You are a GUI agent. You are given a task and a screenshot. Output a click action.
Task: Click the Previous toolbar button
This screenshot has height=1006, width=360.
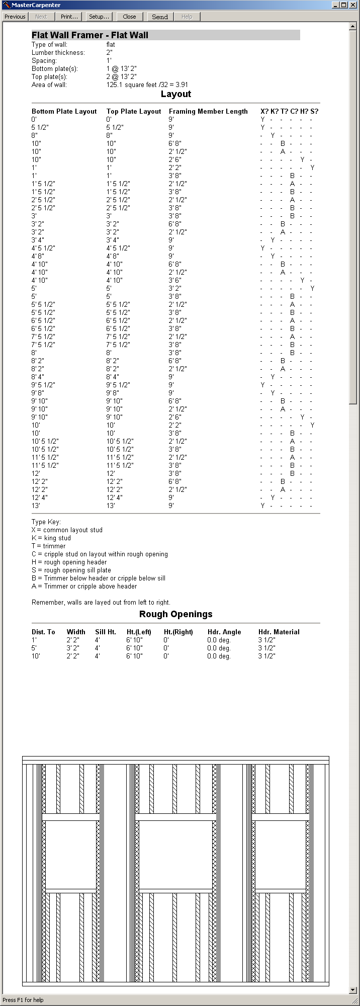(x=15, y=17)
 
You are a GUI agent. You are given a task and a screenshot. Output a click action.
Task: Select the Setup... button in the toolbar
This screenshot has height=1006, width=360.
(x=99, y=17)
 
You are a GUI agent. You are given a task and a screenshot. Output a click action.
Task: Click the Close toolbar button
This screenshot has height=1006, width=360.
(x=129, y=17)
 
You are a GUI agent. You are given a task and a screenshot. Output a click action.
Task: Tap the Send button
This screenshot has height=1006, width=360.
(x=160, y=17)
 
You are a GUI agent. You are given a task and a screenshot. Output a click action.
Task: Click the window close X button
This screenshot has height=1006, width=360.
(x=353, y=5)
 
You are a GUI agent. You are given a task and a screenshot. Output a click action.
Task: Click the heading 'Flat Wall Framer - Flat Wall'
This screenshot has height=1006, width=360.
(x=90, y=35)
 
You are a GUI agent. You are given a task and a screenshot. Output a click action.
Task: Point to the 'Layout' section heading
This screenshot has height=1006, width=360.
(x=176, y=94)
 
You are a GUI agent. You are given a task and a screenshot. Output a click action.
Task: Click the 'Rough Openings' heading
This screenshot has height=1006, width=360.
(x=176, y=614)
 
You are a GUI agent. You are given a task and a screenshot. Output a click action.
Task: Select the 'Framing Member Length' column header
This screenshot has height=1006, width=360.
(x=208, y=112)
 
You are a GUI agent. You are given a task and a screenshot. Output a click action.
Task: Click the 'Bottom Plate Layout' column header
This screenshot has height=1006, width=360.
(x=64, y=112)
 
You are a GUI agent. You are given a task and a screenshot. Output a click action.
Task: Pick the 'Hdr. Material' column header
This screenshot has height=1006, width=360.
(x=279, y=632)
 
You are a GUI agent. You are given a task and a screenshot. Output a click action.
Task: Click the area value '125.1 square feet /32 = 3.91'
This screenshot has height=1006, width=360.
(x=147, y=85)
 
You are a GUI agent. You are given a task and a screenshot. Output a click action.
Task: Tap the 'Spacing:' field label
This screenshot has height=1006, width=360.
(x=44, y=61)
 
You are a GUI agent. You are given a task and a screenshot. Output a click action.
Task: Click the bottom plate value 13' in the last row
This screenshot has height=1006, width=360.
(x=36, y=506)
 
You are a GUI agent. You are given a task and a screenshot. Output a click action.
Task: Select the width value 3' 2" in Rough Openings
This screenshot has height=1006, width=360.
(x=73, y=648)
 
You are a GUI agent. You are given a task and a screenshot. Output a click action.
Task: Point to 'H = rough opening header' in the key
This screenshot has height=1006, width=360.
(x=69, y=562)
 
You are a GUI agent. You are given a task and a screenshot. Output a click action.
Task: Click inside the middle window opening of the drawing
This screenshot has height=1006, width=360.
(x=176, y=855)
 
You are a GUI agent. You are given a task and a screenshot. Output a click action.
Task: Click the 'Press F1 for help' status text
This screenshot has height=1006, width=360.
(x=23, y=1000)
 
